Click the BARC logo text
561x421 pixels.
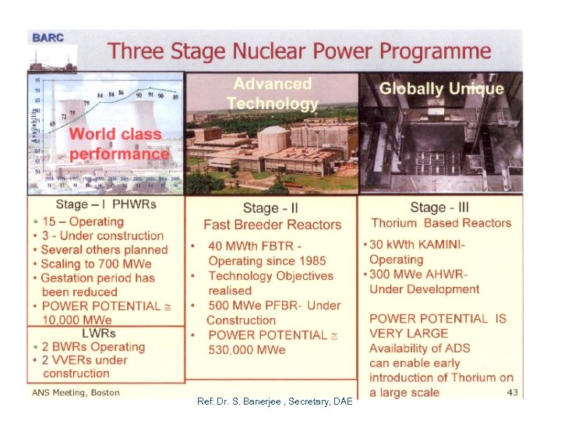[47, 37]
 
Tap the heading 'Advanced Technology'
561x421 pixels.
[272, 93]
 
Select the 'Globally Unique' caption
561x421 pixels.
[441, 88]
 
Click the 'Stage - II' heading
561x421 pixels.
[271, 207]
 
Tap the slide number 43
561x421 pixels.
[512, 391]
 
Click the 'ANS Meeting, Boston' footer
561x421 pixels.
[75, 392]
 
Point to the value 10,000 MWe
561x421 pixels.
[77, 320]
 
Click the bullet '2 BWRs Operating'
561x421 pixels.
[93, 346]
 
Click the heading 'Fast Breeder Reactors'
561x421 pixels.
[272, 225]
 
